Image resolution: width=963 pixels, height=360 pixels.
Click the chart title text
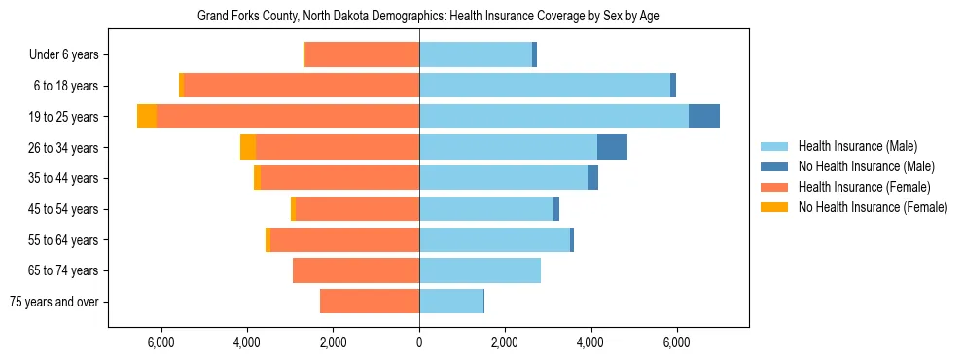428,17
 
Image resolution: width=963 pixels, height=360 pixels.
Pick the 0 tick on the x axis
419,342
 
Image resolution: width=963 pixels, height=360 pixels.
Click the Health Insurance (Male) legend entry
856,146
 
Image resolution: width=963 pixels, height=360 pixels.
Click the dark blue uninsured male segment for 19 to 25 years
704,117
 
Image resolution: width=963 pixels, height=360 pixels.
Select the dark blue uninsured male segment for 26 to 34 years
612,147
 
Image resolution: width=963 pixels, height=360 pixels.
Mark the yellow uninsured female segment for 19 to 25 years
147,117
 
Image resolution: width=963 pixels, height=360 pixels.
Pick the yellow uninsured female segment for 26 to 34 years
248,147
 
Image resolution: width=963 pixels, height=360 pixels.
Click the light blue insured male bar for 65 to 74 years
480,270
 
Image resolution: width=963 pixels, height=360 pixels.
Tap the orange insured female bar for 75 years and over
370,302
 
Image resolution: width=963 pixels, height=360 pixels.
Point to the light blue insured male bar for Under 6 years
476,54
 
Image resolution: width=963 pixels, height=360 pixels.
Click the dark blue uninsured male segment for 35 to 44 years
592,178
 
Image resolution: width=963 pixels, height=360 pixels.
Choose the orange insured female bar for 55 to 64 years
345,239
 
